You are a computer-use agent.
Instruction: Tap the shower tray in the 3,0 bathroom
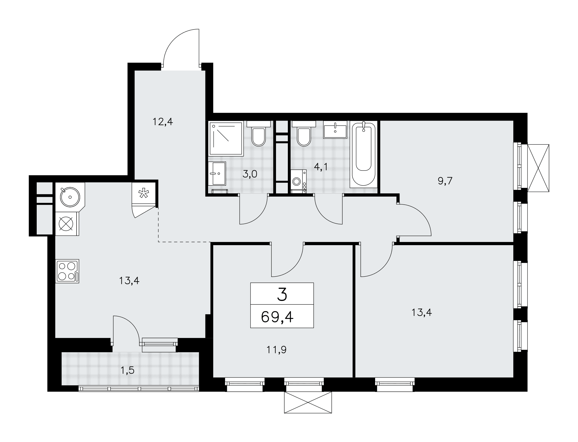point(226,138)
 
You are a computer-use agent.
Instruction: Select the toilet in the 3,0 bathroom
point(258,133)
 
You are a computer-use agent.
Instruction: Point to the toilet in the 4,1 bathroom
point(303,133)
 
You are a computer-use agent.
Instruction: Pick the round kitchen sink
point(70,197)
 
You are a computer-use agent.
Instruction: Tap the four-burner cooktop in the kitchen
point(67,271)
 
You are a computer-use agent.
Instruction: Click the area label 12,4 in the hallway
point(163,122)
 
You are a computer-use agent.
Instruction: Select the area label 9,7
point(445,181)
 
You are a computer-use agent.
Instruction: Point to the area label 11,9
point(277,350)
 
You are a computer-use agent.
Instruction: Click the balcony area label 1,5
point(127,370)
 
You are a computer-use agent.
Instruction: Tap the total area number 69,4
point(277,317)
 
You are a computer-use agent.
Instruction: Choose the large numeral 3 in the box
point(282,295)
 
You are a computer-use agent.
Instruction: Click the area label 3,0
point(250,174)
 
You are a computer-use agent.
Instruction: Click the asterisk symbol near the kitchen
point(143,194)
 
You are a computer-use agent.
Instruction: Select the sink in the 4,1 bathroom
point(335,131)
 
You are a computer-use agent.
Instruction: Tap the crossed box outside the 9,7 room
point(538,168)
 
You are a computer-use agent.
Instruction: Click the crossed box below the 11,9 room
point(308,402)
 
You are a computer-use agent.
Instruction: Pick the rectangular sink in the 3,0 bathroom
point(217,173)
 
